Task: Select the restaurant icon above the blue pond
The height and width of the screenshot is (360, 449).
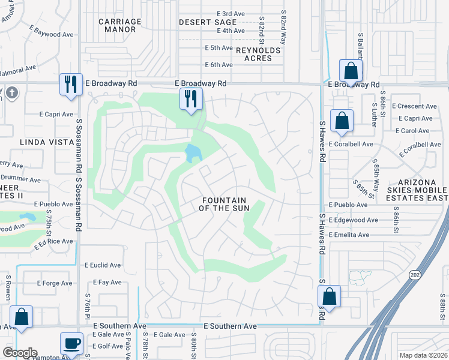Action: (191, 99)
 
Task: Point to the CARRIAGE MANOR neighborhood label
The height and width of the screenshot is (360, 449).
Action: (120, 25)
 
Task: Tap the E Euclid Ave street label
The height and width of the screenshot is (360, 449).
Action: (103, 265)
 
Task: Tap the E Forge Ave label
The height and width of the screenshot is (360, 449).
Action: (55, 283)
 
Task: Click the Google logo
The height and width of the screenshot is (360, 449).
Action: (19, 353)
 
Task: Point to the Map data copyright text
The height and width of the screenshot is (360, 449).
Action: (424, 355)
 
